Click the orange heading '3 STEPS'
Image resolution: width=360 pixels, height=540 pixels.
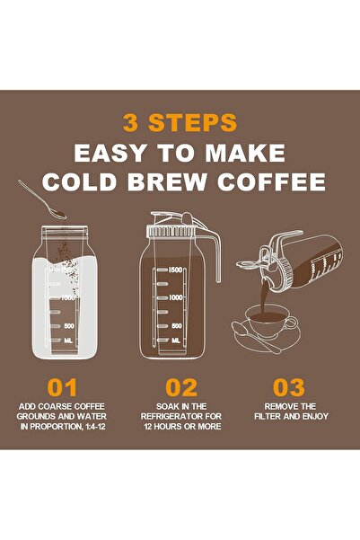coord(180,122)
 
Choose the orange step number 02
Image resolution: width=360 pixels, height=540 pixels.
coord(181,388)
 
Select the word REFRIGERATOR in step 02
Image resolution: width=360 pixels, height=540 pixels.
coord(180,416)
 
